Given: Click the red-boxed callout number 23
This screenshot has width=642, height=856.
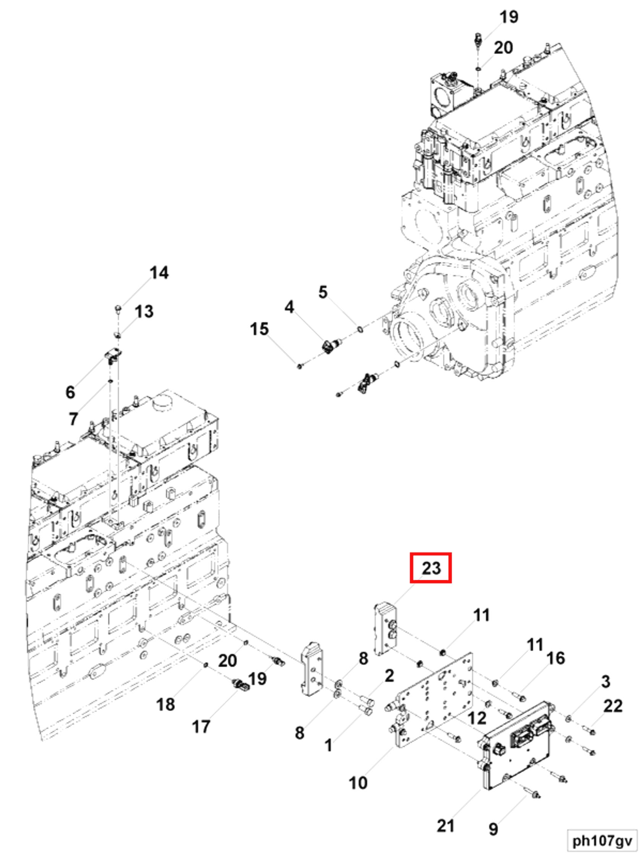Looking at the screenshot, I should (430, 568).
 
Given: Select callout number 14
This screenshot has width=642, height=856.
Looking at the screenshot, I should (159, 273).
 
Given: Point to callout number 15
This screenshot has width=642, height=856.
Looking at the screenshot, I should (259, 329).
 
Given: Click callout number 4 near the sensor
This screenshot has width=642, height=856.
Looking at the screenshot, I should (289, 307).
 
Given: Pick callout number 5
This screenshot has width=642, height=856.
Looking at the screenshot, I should (323, 292).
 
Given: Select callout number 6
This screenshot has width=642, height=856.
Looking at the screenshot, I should (70, 392).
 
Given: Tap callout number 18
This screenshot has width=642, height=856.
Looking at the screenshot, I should (165, 704).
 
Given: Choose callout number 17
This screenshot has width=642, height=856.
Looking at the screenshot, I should (201, 727).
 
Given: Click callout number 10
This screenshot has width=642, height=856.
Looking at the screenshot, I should (358, 783).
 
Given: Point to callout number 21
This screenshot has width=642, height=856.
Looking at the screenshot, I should (445, 826).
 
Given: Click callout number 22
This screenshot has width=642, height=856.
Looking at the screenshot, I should (613, 706).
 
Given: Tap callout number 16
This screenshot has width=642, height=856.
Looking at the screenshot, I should (556, 658).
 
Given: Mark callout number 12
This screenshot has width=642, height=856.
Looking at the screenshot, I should (477, 718).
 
